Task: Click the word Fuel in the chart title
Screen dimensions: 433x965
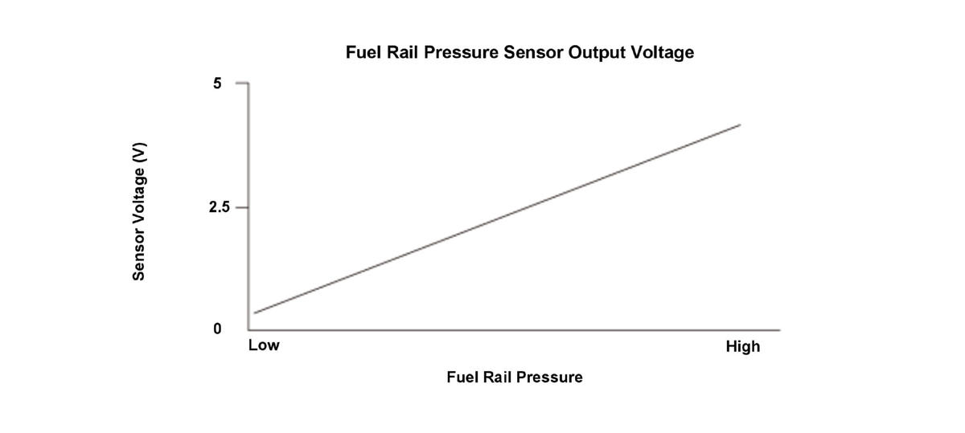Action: (363, 53)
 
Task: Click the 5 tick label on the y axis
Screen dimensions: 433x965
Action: (217, 83)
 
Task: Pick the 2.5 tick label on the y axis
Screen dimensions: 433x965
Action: (218, 207)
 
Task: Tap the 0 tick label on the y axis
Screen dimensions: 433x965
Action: (217, 329)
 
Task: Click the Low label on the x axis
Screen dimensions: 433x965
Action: (264, 346)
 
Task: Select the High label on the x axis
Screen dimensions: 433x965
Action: (742, 347)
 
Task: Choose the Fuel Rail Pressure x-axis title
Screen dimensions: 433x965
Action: (515, 377)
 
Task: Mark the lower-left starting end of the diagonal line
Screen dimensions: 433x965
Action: (255, 312)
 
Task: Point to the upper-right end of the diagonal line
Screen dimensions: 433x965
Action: (739, 125)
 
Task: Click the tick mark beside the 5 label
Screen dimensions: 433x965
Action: (241, 83)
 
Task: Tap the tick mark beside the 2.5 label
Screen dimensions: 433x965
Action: (241, 207)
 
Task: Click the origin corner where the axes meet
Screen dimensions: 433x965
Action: (248, 329)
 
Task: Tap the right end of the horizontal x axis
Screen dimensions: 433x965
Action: (778, 329)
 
